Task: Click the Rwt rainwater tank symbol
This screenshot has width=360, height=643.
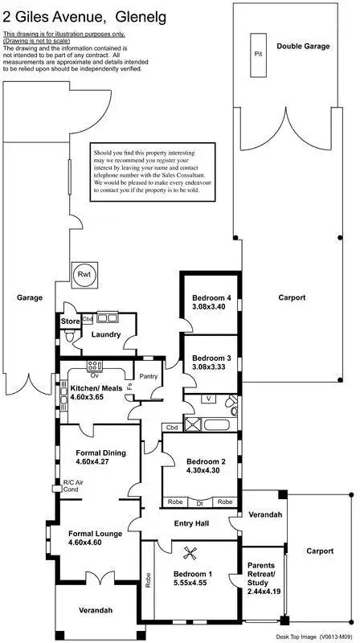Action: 84,274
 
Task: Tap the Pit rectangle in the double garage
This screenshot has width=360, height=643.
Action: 258,54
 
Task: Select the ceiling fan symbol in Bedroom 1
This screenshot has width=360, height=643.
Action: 191,552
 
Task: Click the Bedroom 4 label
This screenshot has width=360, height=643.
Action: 211,299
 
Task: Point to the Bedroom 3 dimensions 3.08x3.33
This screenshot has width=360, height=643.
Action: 211,367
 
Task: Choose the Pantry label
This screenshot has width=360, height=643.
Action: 149,375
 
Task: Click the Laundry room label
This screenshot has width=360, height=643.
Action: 106,334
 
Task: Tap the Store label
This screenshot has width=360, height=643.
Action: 69,322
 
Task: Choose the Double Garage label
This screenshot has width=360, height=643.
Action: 303,47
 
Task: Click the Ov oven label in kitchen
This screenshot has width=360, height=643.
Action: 94,375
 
